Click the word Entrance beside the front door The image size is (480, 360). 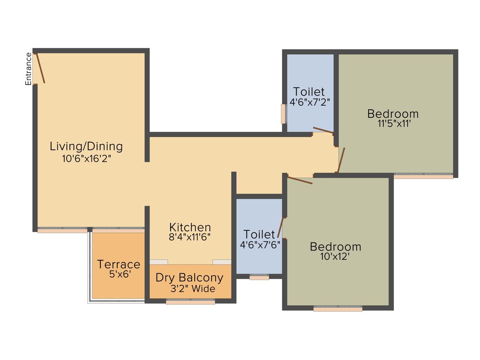click(29, 69)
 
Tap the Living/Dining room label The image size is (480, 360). click(86, 146)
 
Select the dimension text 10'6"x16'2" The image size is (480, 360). click(86, 158)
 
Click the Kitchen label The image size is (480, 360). click(190, 227)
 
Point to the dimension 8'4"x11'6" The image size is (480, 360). click(190, 237)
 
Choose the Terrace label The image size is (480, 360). click(119, 264)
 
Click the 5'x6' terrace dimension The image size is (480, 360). click(119, 274)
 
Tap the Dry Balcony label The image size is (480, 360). click(189, 277)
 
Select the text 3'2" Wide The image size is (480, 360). click(193, 289)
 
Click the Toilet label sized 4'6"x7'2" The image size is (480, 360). click(309, 91)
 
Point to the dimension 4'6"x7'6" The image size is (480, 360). click(260, 244)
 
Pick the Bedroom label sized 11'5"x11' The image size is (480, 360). click(393, 113)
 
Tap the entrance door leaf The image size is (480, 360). click(40, 68)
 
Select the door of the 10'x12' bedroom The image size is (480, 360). click(300, 180)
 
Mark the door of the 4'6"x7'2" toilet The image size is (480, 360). click(323, 130)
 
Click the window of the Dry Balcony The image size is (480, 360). click(190, 302)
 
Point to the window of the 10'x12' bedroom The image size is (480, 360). click(338, 309)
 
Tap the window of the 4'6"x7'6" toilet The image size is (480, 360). click(259, 277)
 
